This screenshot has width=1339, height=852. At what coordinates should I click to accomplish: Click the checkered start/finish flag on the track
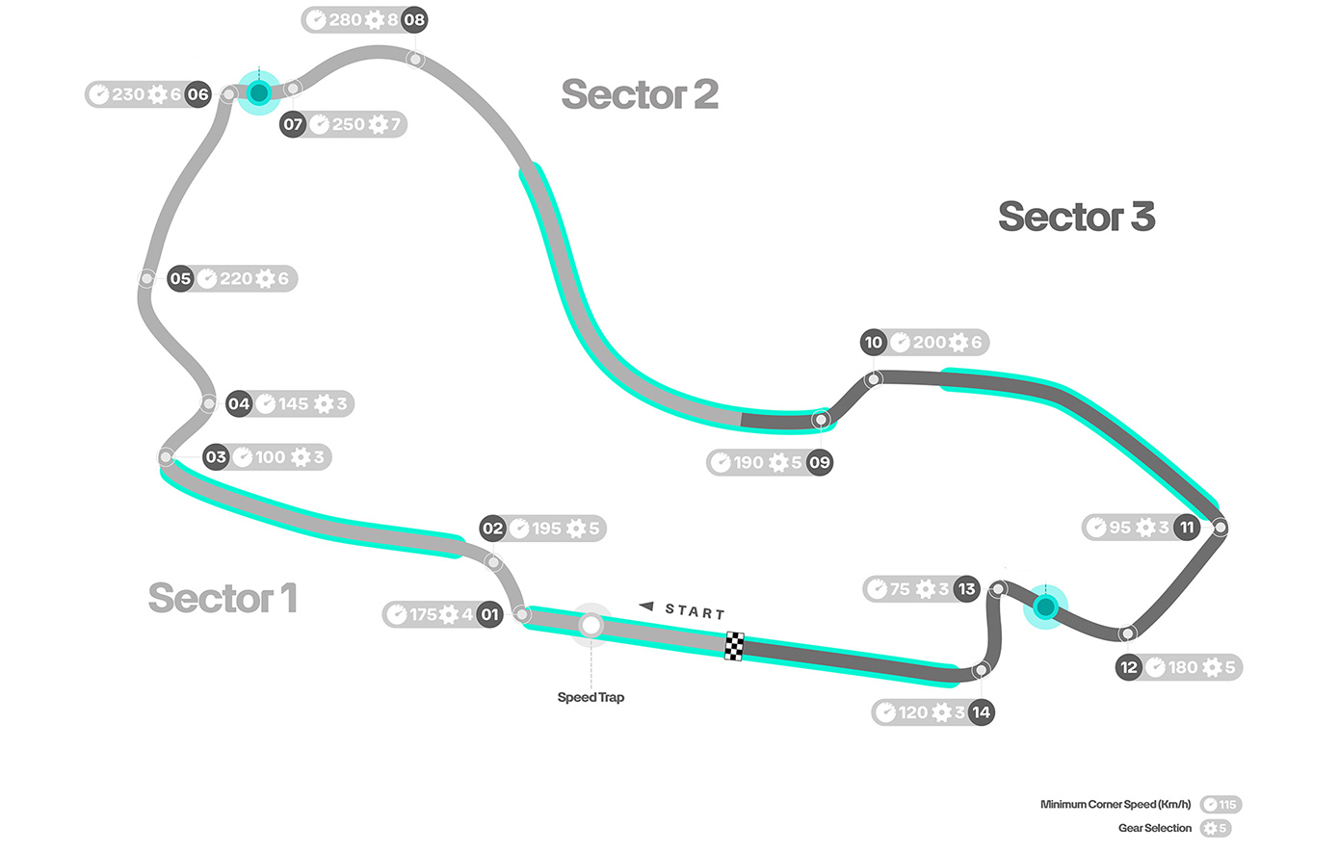pyautogui.click(x=734, y=646)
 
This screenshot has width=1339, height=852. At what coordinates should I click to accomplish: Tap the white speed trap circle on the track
pyautogui.click(x=591, y=626)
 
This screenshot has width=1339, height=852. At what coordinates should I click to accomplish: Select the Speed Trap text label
pyautogui.click(x=591, y=697)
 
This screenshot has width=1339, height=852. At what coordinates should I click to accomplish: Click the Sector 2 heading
pyautogui.click(x=640, y=94)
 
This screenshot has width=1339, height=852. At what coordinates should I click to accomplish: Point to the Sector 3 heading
pyautogui.click(x=1076, y=217)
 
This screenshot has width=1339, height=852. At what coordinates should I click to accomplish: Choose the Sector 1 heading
pyautogui.click(x=223, y=598)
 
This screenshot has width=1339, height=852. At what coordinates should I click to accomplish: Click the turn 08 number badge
pyautogui.click(x=414, y=19)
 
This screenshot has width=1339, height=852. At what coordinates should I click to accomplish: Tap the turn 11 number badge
pyautogui.click(x=1187, y=528)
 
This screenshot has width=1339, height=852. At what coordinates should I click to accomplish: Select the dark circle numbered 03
pyautogui.click(x=216, y=457)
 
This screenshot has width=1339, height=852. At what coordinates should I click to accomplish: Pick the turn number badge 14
pyautogui.click(x=981, y=712)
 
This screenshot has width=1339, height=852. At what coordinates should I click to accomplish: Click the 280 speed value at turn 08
pyautogui.click(x=345, y=19)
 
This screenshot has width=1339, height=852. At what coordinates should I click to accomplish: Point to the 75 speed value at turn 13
pyautogui.click(x=900, y=589)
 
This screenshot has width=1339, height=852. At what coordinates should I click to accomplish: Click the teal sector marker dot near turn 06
pyautogui.click(x=258, y=92)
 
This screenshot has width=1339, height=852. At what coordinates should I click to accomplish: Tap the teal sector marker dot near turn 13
pyautogui.click(x=1045, y=607)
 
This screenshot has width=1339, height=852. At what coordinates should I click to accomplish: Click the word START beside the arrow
pyautogui.click(x=695, y=610)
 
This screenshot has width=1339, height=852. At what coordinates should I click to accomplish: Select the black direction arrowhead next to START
pyautogui.click(x=646, y=607)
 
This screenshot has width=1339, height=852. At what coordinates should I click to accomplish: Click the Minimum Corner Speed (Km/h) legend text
pyautogui.click(x=1116, y=805)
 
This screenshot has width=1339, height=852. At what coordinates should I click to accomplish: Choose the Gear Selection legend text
pyautogui.click(x=1154, y=828)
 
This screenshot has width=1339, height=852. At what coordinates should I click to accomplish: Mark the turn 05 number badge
pyautogui.click(x=180, y=279)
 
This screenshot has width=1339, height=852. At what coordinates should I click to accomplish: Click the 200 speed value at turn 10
pyautogui.click(x=930, y=342)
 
